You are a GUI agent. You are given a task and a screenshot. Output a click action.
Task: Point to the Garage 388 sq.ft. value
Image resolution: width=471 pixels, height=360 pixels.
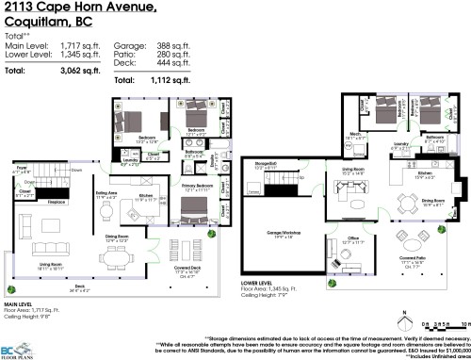click(x=176, y=44)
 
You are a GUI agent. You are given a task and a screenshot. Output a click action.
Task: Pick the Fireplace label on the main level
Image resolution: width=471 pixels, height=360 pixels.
click(x=57, y=202)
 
